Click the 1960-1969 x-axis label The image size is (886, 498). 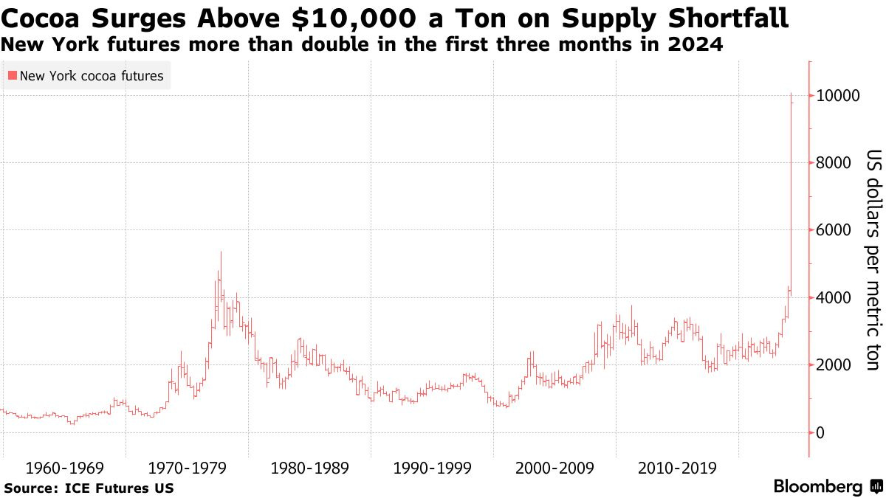coord(64,468)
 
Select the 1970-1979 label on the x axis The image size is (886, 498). coord(187,468)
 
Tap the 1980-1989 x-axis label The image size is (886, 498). coord(309,468)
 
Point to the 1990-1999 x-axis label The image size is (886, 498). coord(433,468)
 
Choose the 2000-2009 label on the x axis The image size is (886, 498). coord(555,468)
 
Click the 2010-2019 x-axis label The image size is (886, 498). coord(678,468)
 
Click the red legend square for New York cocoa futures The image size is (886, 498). coord(12,75)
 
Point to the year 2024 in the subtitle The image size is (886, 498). coord(697,45)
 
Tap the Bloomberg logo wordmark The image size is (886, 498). coord(818,486)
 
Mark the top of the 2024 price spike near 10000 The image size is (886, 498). coord(791,94)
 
